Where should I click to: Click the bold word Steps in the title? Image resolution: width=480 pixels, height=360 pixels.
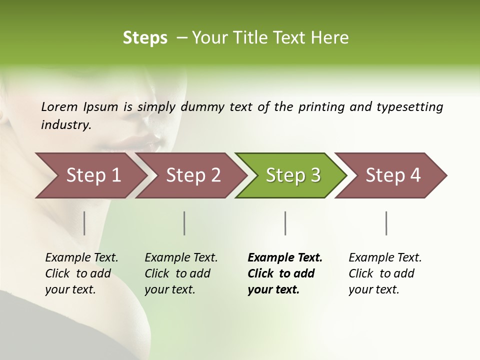pos(145,37)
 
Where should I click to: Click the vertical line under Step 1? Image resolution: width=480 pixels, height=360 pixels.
pos(84,223)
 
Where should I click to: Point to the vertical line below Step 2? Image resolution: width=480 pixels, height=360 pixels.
pos(184,223)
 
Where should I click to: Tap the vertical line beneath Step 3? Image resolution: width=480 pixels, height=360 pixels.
pos(285,223)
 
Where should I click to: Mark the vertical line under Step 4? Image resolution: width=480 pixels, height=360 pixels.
pos(386,223)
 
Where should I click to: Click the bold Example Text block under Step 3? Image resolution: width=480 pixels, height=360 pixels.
pos(284,273)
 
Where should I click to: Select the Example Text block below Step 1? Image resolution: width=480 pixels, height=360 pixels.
pos(81,273)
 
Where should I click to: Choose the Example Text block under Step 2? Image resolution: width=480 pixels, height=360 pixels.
pos(181,273)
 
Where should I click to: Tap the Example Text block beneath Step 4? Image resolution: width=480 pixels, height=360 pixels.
pos(385,273)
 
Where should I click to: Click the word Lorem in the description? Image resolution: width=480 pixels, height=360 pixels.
pos(59,107)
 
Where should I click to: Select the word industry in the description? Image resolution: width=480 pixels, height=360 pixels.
pos(66,124)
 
